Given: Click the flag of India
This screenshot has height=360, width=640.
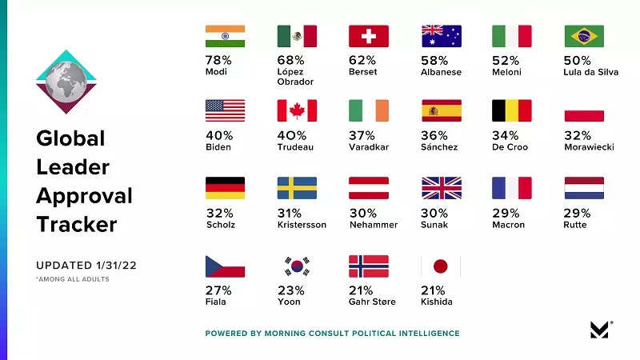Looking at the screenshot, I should tap(225, 37).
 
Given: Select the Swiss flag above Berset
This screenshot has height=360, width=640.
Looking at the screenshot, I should tap(369, 37).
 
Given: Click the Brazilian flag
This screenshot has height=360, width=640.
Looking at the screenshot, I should tap(584, 37).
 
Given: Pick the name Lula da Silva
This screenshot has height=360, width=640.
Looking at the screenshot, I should tap(591, 72).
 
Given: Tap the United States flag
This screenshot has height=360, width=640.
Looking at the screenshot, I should tap(225, 110).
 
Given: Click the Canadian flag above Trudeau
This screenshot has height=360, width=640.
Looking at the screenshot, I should tap(297, 110).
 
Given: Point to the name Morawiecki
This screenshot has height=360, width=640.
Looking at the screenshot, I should tap(589, 147).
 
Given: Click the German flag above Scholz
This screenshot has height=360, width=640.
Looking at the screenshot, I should tap(225, 188).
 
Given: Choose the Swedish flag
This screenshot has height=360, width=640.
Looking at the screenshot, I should tap(297, 188).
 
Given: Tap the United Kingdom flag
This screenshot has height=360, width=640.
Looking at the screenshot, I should tap(441, 188).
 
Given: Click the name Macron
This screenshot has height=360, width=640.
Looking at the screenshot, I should tap(509, 225).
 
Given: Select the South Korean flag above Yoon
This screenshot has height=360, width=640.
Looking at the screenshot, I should tap(297, 266).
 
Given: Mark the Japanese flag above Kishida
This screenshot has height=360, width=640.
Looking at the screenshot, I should tap(441, 266).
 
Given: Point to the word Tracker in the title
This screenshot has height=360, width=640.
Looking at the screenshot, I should tap(76, 224).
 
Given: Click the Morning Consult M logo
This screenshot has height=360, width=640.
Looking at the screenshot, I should tap(599, 330).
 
